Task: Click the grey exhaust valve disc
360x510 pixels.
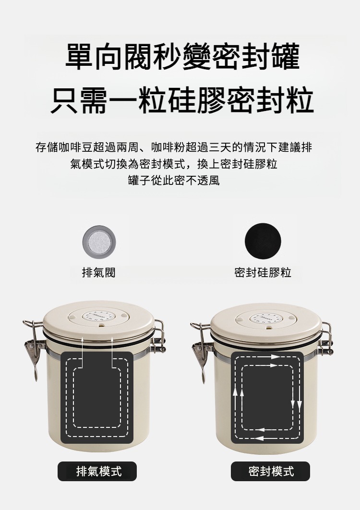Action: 99,242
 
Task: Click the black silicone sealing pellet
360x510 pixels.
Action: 263,241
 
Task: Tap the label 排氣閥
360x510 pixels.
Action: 98,272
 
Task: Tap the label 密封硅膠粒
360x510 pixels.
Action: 263,272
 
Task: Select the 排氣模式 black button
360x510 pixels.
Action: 97,471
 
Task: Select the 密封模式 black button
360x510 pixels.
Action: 270,471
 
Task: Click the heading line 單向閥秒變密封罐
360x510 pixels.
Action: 182,57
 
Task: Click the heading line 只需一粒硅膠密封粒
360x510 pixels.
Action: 182,100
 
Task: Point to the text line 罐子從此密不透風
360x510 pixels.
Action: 174,180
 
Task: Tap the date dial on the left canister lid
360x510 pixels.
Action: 98,316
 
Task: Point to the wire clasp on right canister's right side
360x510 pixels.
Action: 326,339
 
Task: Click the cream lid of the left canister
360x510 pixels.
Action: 98,319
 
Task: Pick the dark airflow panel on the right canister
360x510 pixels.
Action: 267,398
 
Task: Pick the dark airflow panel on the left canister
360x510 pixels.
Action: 97,398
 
